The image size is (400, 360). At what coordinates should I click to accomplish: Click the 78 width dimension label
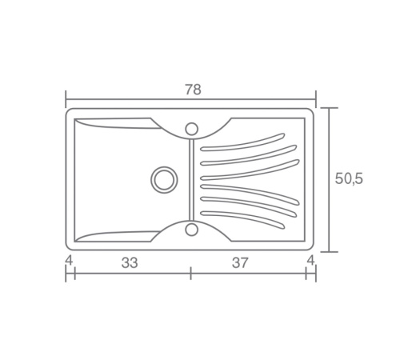pos(193,90)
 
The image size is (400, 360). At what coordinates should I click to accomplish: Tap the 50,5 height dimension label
pos(349,178)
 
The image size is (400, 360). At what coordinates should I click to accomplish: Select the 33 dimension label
pos(130,262)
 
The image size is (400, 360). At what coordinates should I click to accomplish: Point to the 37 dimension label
pos(240,262)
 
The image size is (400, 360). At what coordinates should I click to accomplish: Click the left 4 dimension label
pos(69,260)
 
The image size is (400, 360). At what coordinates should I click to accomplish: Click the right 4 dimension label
pos(310,260)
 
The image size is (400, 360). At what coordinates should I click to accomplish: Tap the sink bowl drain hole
pos(164,180)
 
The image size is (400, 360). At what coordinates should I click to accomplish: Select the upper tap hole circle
pos(191,129)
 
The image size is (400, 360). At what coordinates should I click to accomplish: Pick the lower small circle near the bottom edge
pos(191,230)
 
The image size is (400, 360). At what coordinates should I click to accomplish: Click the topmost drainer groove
pos(242,144)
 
